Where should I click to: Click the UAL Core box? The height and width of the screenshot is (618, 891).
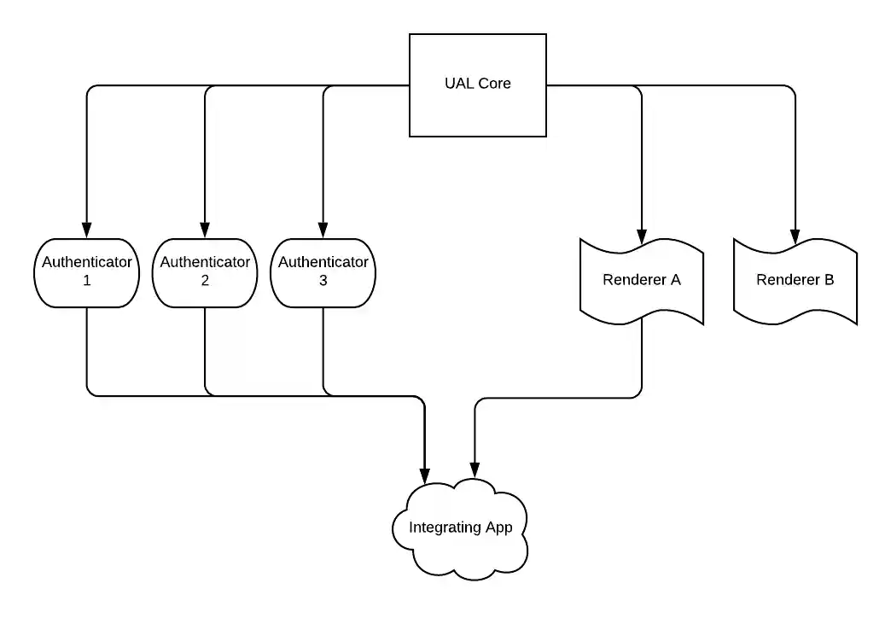point(477,85)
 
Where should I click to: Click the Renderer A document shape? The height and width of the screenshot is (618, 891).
point(641,280)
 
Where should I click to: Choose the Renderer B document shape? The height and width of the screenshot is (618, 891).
point(795,280)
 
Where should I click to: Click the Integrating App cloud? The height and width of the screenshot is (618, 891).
point(460,528)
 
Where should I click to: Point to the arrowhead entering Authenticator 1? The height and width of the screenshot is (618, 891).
point(86,230)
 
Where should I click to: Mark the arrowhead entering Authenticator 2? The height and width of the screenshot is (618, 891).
point(205,230)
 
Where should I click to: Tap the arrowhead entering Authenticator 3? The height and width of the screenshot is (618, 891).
point(323,230)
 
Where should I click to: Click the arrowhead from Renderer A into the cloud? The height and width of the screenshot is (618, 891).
point(475,469)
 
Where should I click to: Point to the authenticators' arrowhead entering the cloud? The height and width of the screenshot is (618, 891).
point(424,475)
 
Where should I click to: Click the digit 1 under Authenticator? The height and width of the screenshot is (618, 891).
point(86,281)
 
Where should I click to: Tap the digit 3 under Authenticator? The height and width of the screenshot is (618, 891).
point(323,281)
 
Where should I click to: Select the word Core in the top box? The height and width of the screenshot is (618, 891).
point(495,84)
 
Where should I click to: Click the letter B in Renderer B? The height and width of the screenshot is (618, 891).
point(829,280)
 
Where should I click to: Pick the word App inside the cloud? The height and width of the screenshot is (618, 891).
point(498,528)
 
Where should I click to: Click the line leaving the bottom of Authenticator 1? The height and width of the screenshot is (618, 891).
point(87,350)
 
